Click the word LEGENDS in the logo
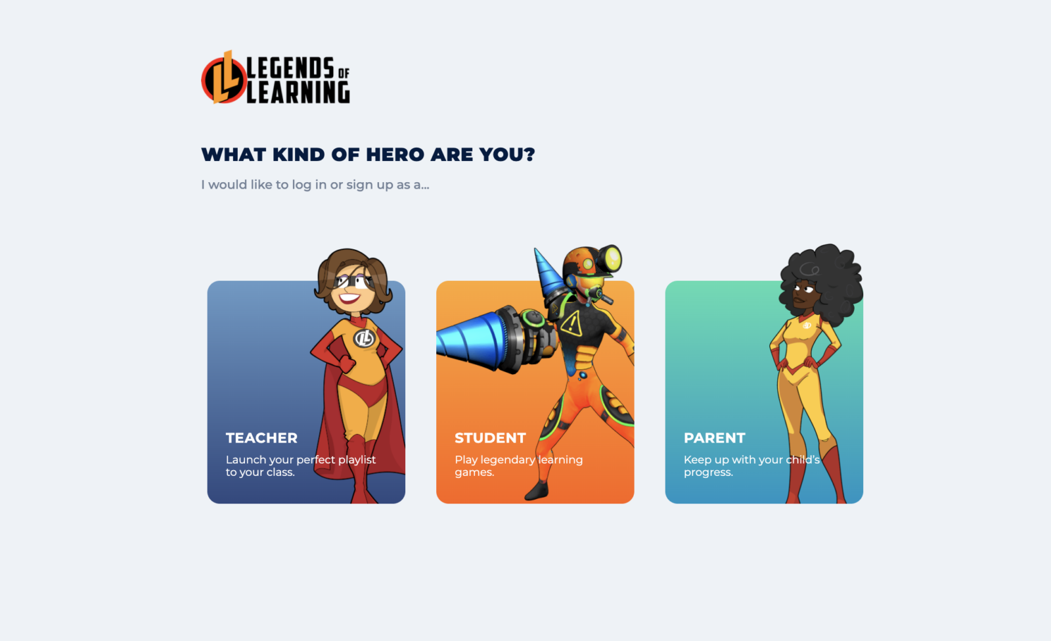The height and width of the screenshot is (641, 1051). tap(290, 68)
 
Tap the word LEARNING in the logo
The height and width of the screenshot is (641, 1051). tap(298, 93)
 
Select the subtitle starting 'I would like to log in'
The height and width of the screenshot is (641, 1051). tap(315, 185)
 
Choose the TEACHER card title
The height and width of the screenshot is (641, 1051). tap(261, 438)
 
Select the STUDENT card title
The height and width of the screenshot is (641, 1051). tap(490, 438)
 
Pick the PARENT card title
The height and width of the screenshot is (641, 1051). tap(715, 438)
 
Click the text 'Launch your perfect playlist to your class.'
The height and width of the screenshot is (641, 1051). tap(300, 465)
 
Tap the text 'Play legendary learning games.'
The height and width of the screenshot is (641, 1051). tap(518, 465)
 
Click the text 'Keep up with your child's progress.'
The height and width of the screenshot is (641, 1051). tap(751, 465)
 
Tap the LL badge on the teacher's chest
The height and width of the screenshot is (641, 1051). tap(363, 339)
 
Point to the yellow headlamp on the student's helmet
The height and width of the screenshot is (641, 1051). tap(612, 258)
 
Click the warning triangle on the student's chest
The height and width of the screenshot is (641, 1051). tap(571, 323)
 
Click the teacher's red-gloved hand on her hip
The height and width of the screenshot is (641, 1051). tap(346, 362)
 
